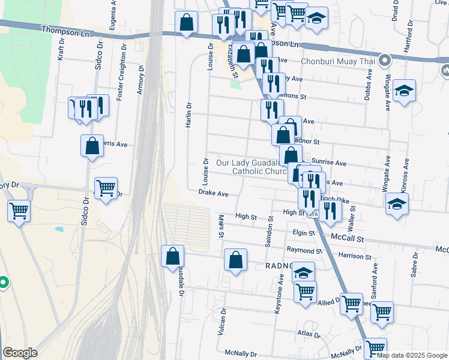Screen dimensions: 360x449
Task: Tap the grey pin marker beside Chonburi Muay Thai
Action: pyautogui.click(x=385, y=60)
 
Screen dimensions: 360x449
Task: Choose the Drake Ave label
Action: pyautogui.click(x=214, y=194)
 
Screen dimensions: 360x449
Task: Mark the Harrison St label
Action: pyautogui.click(x=355, y=256)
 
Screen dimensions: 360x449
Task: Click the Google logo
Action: pyautogui.click(x=20, y=353)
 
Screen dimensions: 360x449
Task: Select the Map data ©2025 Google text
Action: pyautogui.click(x=411, y=355)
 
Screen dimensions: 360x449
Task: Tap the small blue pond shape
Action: pyautogui.click(x=59, y=229)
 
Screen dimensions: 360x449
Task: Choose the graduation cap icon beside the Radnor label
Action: pyautogui.click(x=304, y=271)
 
